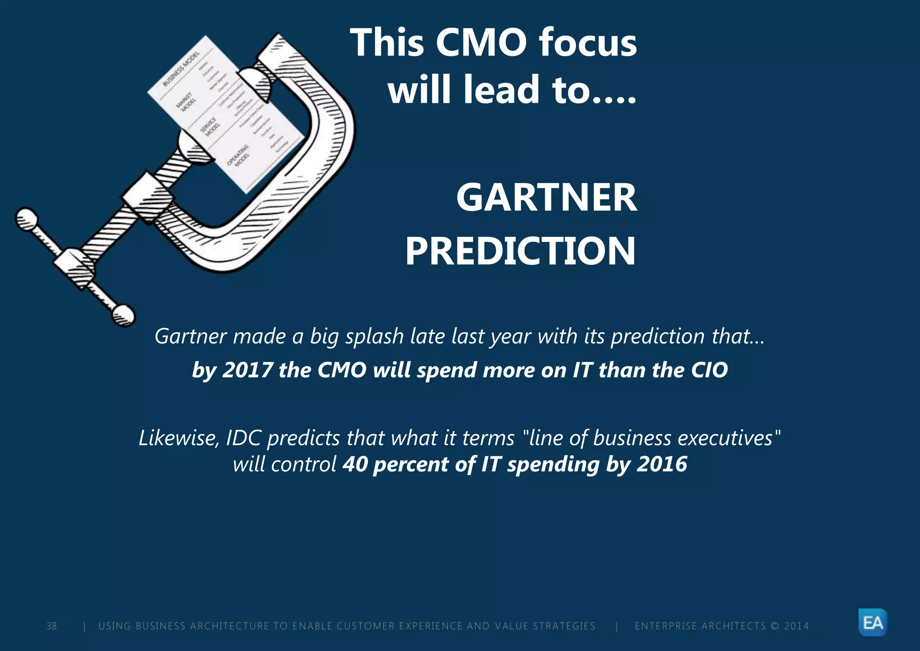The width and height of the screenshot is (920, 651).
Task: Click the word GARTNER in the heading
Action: (x=546, y=198)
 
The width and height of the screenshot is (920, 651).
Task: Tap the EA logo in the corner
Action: (x=873, y=623)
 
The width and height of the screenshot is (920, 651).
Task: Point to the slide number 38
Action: (x=52, y=626)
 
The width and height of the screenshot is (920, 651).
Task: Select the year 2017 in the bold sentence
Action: (x=247, y=370)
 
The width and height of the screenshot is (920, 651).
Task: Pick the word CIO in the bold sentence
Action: (x=709, y=370)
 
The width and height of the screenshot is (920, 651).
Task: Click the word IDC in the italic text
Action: (x=243, y=438)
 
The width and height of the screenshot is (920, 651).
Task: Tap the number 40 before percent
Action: (x=355, y=464)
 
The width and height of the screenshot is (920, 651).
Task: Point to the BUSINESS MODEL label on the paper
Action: (x=181, y=69)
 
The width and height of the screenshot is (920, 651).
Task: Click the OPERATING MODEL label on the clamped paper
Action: (x=238, y=156)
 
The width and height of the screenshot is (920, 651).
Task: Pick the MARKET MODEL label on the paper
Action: (x=185, y=101)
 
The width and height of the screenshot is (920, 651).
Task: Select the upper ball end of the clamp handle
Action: (x=27, y=218)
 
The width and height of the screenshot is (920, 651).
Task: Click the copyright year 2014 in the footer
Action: (x=796, y=626)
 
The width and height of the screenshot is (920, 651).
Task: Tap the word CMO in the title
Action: (x=481, y=43)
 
